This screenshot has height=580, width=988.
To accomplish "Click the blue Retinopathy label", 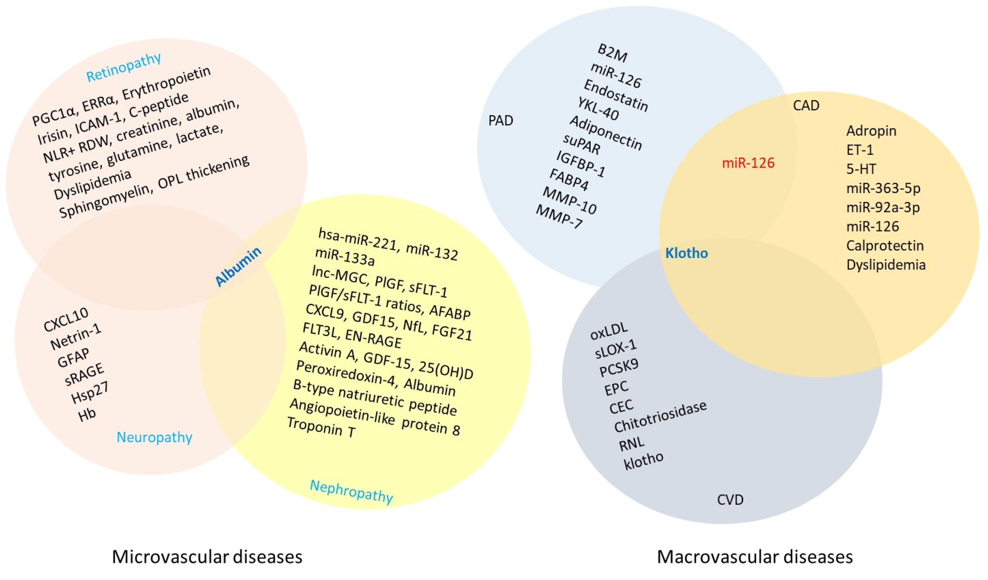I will (x=124, y=67).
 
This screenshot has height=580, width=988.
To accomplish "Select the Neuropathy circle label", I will (x=155, y=437).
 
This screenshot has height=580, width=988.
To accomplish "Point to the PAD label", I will (x=501, y=120).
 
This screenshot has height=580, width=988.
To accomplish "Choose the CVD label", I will (x=730, y=500).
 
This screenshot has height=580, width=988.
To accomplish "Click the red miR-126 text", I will (x=748, y=163).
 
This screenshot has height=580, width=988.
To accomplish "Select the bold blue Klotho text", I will (x=686, y=253).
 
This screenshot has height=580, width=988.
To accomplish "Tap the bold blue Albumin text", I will (x=238, y=267).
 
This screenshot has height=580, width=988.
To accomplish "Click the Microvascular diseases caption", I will (x=207, y=557).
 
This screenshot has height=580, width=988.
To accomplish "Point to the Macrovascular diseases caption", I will (x=755, y=557).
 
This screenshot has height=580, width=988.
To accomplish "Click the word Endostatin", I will (x=616, y=95).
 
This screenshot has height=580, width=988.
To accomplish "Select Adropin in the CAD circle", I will (x=871, y=131).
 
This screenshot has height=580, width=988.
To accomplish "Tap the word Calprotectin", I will (x=885, y=246).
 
